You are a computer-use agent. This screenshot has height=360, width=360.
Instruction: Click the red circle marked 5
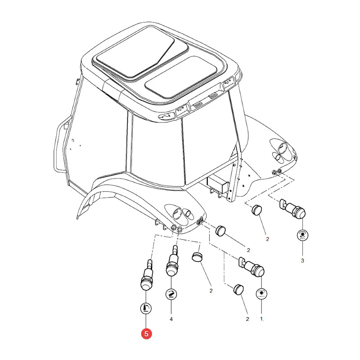point(147,334)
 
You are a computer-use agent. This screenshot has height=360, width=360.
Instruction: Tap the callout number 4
point(171,319)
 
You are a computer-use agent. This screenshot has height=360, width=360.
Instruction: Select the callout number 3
point(302,261)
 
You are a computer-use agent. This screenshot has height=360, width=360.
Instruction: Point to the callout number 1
point(261,319)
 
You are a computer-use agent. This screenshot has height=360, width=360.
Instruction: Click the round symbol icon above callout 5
point(146,308)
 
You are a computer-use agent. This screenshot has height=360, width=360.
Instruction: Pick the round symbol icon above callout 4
point(171,294)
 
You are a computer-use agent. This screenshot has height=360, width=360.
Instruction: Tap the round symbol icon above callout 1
point(261,294)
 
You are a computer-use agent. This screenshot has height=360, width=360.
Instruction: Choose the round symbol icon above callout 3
point(302,235)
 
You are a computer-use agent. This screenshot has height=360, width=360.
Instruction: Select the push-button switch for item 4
point(172,261)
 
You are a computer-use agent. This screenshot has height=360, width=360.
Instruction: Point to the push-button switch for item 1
point(252,267)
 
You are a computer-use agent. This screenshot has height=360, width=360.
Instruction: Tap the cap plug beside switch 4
point(197,257)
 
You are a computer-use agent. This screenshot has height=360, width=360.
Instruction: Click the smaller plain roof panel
point(181,76)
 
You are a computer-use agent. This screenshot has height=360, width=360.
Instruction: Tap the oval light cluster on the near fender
point(181,214)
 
